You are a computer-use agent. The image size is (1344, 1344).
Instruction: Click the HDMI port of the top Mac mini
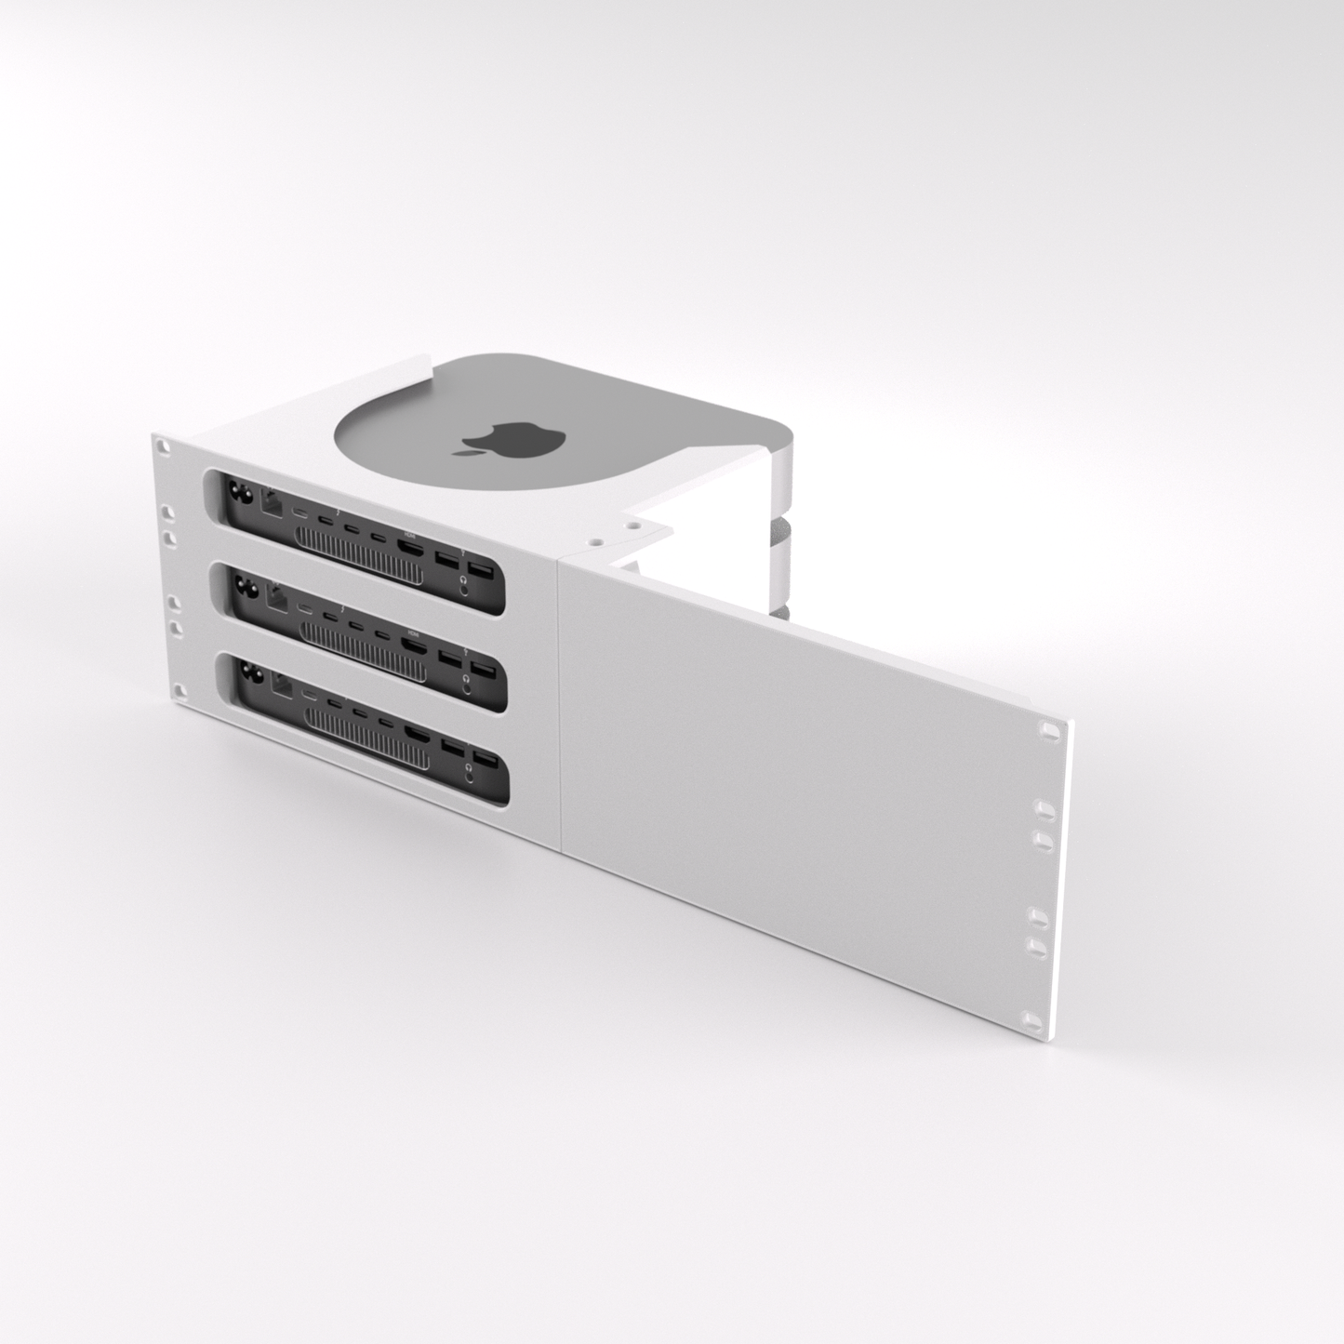click(x=408, y=546)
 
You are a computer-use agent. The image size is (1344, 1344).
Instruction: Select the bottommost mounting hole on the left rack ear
click(x=180, y=691)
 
